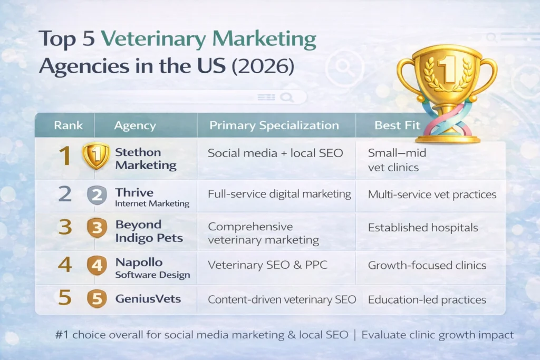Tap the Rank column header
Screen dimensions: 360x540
click(x=68, y=125)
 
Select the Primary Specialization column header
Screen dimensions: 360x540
click(x=274, y=125)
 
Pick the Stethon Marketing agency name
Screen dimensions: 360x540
click(x=138, y=159)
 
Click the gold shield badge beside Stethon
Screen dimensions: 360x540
click(x=96, y=157)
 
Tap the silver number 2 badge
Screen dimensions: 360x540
click(x=97, y=195)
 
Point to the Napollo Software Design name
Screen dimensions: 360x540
click(x=152, y=268)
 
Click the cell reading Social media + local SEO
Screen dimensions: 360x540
click(x=275, y=153)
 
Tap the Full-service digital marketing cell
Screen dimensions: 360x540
click(x=279, y=194)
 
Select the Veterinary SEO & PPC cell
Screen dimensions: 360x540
click(x=267, y=265)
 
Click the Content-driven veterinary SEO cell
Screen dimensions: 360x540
click(x=282, y=299)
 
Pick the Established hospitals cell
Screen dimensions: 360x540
click(x=423, y=228)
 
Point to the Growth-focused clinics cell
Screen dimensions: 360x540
click(x=427, y=265)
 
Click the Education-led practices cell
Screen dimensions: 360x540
click(x=427, y=299)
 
